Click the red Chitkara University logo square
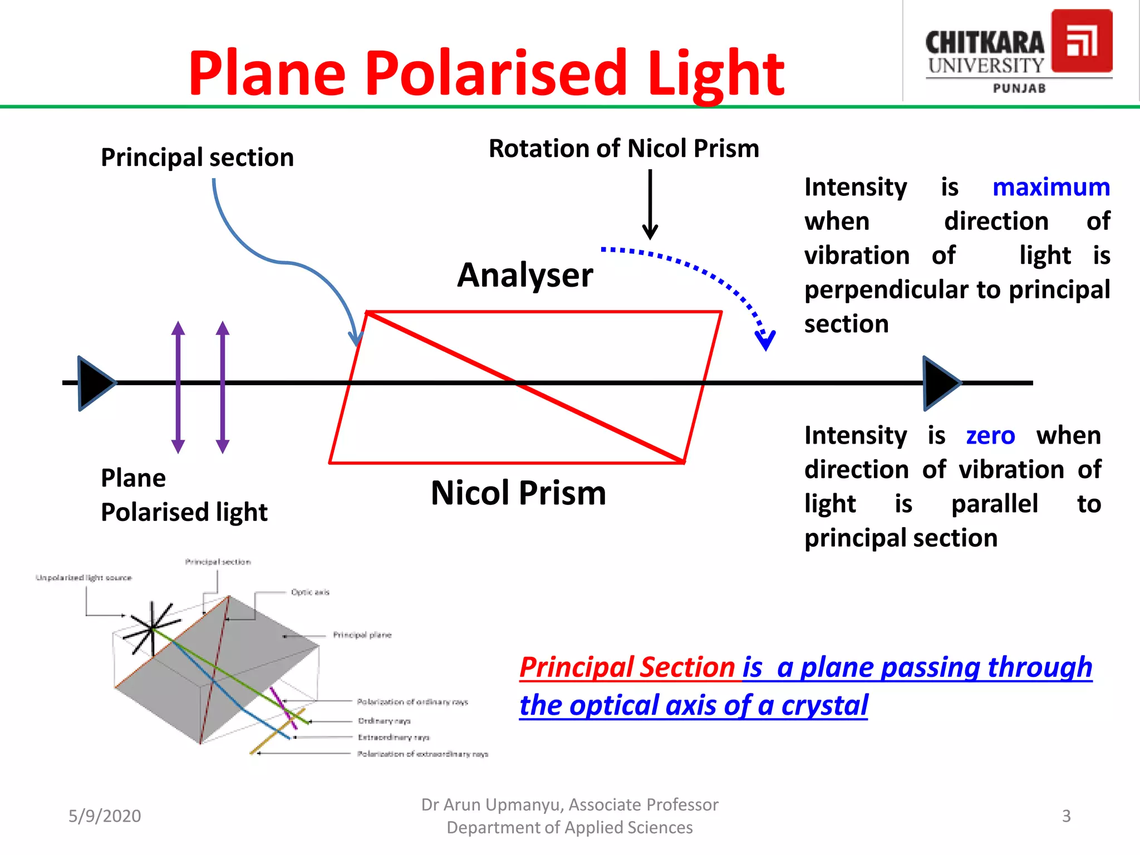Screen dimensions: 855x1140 click(x=1081, y=42)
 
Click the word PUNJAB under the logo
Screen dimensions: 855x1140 click(x=1019, y=89)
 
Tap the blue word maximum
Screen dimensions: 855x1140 click(x=1051, y=188)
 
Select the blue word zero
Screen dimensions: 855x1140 click(x=990, y=436)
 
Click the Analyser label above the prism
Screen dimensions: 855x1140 click(x=525, y=276)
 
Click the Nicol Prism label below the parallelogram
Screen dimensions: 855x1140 click(x=518, y=493)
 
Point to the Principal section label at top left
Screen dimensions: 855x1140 click(x=197, y=158)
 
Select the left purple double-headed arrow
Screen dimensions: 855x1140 click(x=178, y=387)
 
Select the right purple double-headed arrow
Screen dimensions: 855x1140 click(x=223, y=387)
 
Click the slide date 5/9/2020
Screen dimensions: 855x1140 click(x=105, y=816)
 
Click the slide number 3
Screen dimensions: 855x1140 click(x=1066, y=816)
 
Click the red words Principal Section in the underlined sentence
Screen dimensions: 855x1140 click(x=627, y=667)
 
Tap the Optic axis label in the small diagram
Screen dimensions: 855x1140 click(x=310, y=592)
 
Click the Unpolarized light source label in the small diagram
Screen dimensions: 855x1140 click(x=83, y=578)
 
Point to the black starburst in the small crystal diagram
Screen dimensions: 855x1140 click(x=151, y=628)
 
